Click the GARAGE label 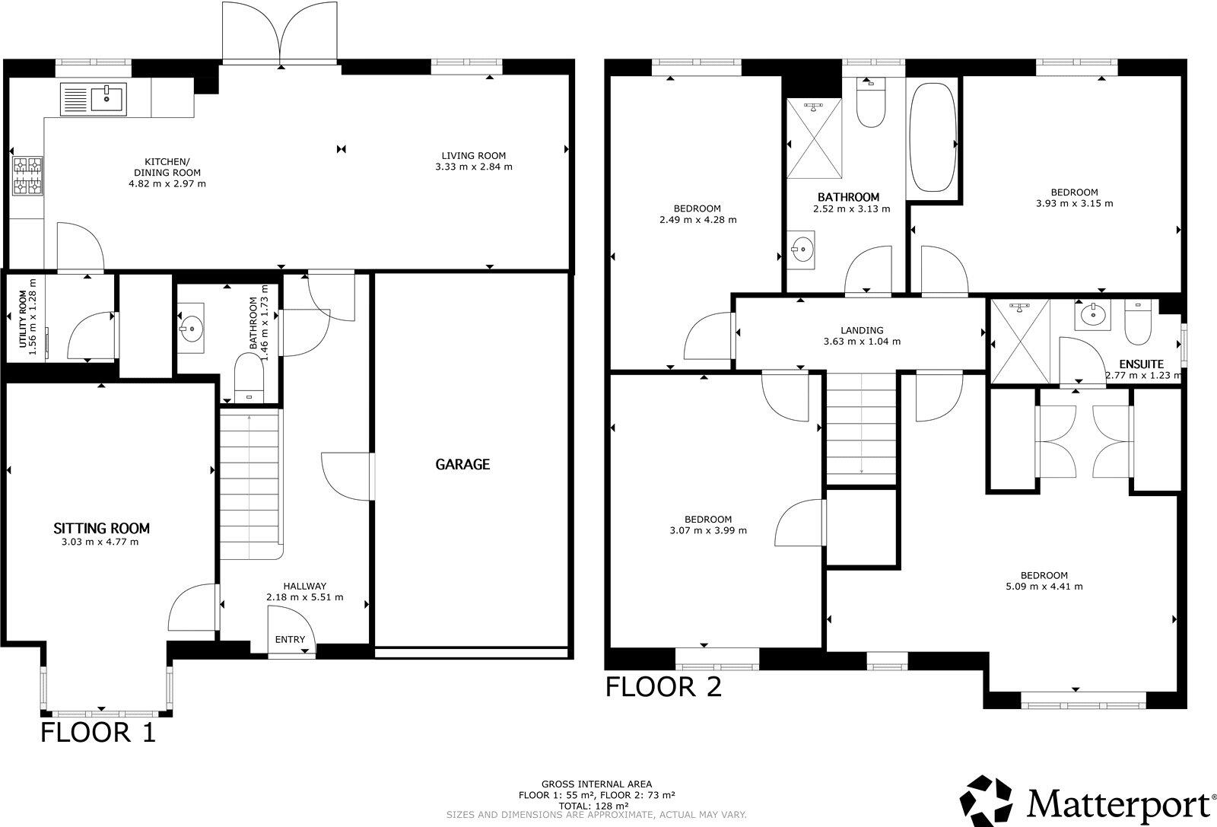point(462,464)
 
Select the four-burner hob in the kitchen point(27,176)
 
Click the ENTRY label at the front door point(290,639)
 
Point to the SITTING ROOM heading point(101,528)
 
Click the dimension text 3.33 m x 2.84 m point(473,167)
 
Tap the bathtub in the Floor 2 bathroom point(933,138)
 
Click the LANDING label point(862,330)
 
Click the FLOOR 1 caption point(97,733)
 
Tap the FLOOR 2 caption point(663,687)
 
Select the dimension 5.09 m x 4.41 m point(1044,587)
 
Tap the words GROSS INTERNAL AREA point(596,784)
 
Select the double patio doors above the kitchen point(281,34)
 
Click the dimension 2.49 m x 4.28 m point(697,220)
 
